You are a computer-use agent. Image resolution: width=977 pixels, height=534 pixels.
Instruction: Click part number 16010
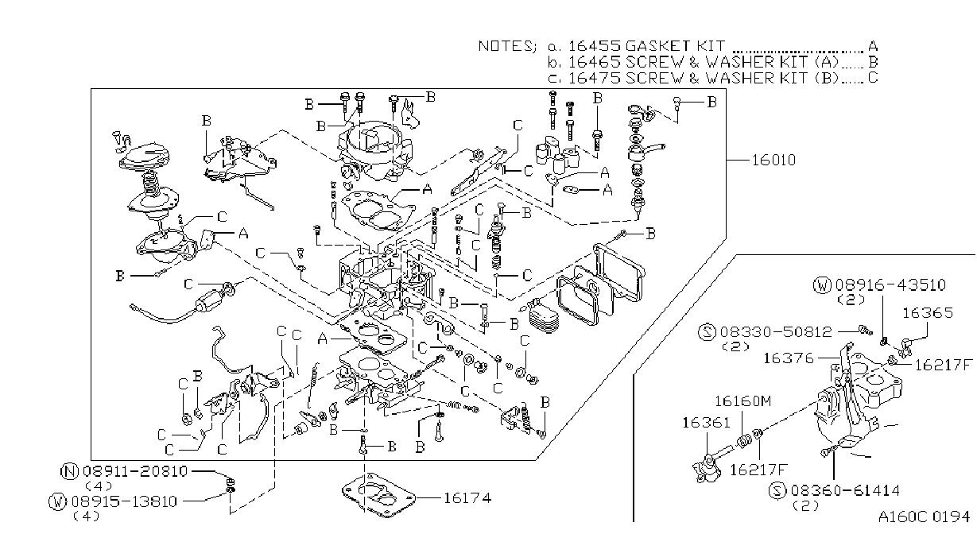click(773, 160)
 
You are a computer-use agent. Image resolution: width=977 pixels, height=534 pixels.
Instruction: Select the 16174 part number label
click(467, 497)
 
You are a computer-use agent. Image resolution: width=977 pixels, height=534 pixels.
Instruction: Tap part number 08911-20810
click(135, 471)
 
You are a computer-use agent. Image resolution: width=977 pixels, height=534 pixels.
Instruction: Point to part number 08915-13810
click(124, 501)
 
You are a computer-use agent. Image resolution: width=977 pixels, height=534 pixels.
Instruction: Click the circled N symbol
click(69, 471)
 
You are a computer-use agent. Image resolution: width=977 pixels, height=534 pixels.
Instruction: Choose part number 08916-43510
click(890, 285)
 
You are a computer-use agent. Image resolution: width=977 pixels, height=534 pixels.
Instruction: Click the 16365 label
click(927, 312)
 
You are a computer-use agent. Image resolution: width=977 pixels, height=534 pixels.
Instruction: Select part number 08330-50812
click(776, 332)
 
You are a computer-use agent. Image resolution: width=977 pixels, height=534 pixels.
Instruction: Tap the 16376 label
click(789, 358)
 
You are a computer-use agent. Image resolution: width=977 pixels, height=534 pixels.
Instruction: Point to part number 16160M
click(742, 401)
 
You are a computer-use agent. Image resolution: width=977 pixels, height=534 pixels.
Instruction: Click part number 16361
click(706, 423)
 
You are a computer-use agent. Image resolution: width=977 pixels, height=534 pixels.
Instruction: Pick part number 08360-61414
click(845, 491)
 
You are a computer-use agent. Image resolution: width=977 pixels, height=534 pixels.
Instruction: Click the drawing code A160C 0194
click(924, 517)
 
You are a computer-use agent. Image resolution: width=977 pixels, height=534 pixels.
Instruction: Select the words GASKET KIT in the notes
click(675, 46)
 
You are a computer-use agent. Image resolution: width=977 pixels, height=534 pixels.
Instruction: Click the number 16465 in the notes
click(594, 62)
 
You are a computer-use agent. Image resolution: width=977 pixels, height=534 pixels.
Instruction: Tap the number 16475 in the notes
click(594, 78)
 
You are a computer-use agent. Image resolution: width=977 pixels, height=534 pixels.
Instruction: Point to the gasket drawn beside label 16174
click(378, 493)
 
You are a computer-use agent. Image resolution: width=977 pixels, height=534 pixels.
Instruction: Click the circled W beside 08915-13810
click(57, 501)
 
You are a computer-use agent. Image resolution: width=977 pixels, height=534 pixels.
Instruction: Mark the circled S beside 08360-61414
click(777, 491)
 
